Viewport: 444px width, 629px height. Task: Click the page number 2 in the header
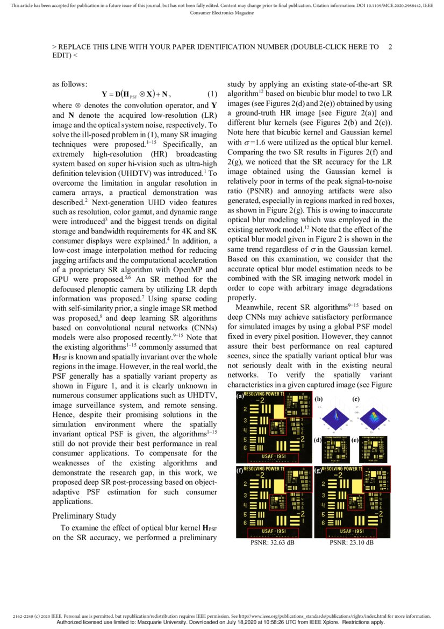click(x=390, y=47)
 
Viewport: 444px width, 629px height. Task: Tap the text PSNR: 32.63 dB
click(x=272, y=543)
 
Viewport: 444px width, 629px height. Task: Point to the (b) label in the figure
click(x=319, y=399)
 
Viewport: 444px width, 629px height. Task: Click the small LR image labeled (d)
click(x=336, y=449)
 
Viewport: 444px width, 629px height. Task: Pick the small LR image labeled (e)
click(x=375, y=449)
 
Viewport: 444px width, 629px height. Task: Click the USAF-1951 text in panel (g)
click(x=352, y=531)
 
